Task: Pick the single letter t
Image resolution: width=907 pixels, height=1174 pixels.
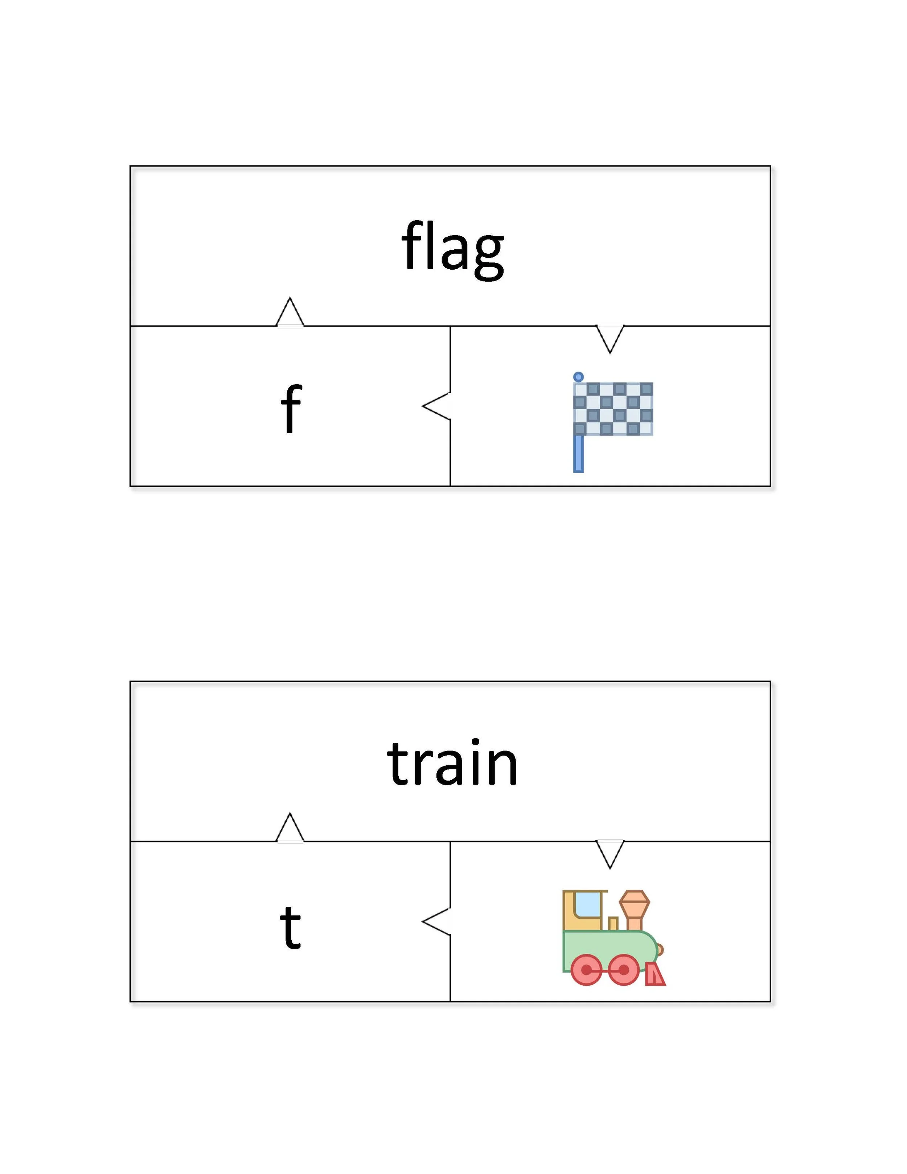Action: point(290,927)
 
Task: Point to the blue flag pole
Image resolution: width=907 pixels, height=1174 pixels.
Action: point(578,453)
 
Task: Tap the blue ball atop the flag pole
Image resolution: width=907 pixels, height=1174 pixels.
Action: point(578,377)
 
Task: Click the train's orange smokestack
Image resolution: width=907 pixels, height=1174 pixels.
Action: point(635,909)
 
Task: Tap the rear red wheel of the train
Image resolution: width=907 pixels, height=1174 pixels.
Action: point(586,970)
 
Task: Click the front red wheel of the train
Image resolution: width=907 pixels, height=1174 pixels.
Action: point(623,970)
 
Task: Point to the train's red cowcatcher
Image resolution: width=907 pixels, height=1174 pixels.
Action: point(655,974)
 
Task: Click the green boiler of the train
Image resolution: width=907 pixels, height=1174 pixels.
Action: point(610,949)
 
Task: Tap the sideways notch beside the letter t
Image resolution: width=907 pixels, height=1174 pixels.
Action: point(436,922)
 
